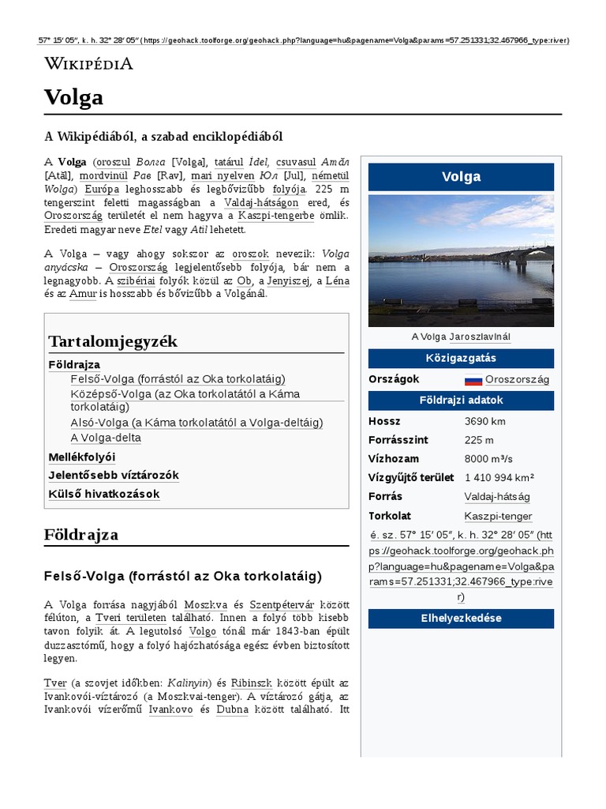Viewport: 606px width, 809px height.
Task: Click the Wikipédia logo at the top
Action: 88,64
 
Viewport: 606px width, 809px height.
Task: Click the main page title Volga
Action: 73,97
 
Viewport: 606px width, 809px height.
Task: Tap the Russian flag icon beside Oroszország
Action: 473,380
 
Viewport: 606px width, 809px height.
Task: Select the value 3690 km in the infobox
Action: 484,421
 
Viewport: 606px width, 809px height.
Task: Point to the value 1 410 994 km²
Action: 499,478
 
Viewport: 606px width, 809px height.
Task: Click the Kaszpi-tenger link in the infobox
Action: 498,516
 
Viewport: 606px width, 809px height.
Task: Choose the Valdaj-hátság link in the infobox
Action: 496,497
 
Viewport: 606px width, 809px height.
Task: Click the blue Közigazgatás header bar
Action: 461,358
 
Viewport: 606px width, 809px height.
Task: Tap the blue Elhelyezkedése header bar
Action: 461,618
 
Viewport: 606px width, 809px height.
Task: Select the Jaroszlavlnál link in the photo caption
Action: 480,337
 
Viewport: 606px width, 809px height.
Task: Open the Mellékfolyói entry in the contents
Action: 82,457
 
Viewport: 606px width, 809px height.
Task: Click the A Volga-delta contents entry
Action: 106,438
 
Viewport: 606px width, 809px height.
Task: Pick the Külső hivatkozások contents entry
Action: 104,494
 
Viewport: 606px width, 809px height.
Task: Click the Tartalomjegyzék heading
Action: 113,341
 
